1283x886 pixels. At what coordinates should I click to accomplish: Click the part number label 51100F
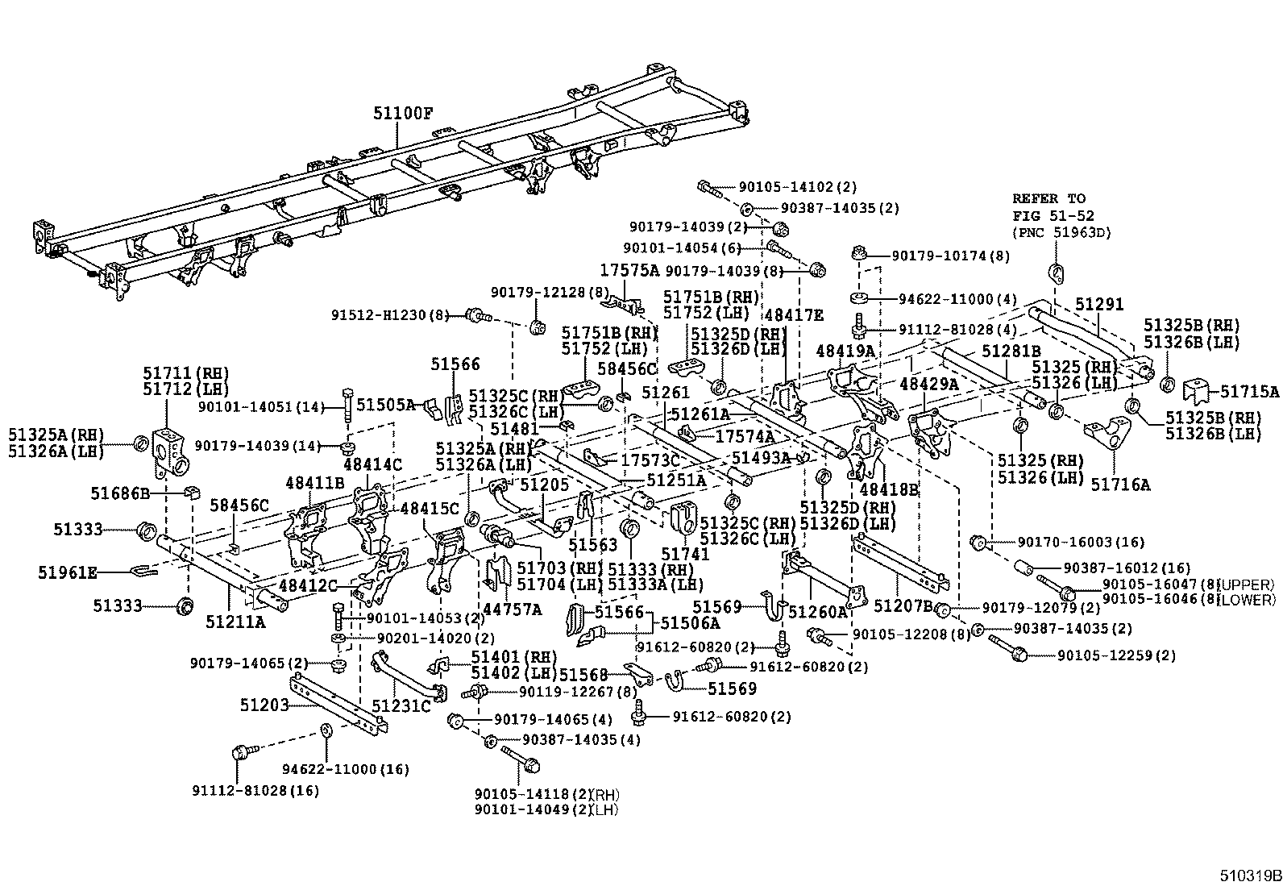(402, 113)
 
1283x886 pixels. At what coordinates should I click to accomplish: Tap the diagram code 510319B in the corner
(1248, 876)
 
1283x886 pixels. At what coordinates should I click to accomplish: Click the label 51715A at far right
(1249, 392)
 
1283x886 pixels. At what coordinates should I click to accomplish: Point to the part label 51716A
(1120, 484)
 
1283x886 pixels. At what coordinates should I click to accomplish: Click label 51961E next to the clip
(68, 572)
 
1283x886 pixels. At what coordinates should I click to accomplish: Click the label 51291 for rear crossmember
(1099, 304)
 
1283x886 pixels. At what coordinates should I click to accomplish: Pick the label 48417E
(794, 314)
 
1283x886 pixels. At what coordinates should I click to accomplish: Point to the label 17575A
(629, 269)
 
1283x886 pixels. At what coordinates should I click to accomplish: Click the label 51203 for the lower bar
(264, 705)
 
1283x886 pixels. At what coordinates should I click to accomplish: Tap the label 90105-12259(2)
(1115, 655)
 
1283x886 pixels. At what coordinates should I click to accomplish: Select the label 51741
(685, 554)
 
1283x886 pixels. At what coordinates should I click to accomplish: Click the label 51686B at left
(120, 492)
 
